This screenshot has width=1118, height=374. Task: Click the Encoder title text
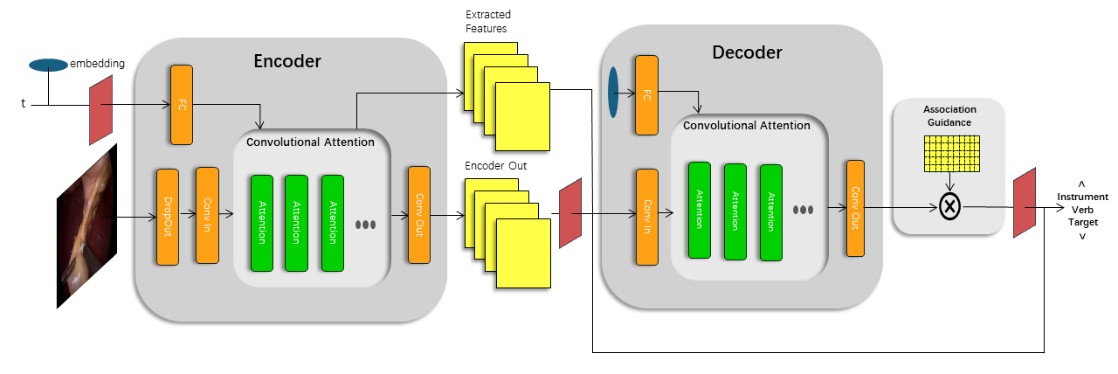coord(287,61)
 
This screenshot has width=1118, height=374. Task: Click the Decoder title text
coord(747,52)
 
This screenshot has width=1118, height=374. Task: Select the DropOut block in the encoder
coord(168,217)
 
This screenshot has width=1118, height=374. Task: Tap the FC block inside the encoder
coord(182,105)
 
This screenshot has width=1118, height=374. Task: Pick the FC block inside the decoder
coord(647,95)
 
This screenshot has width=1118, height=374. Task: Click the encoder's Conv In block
coord(207,215)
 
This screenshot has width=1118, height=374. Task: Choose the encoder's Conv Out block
coord(419,215)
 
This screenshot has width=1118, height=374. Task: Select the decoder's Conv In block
coord(647,217)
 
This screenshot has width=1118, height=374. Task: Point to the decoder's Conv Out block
coord(855,208)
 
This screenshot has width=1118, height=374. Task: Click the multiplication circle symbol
coord(949,206)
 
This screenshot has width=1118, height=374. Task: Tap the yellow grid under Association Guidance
coord(952,154)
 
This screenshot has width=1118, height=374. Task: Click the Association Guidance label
coord(949,116)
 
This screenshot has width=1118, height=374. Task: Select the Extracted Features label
coord(488,22)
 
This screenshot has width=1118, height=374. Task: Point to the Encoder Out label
coord(495,166)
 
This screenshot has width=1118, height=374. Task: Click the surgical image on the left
coord(86,226)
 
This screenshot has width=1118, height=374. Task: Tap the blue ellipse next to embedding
coord(48,65)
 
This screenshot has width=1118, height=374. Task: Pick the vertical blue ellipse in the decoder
coord(613,93)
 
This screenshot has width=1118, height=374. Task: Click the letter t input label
coord(23,103)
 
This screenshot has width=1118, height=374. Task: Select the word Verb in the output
coord(1082,210)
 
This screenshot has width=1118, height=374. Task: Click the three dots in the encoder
coord(365,225)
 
